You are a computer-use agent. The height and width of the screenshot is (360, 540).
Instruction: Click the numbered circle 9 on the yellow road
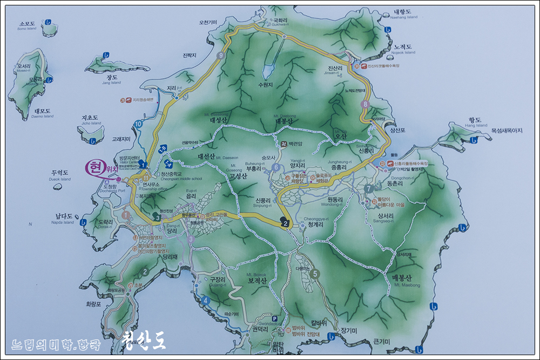220,55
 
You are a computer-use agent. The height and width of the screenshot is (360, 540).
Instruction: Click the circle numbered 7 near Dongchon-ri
368,189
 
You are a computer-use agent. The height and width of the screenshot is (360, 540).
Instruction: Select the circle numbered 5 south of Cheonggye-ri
315,274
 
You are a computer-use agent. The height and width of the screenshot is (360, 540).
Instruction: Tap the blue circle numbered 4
205,301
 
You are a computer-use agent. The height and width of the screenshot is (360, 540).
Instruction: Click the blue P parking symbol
275,318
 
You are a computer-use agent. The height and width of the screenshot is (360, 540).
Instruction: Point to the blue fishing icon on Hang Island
474,140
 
